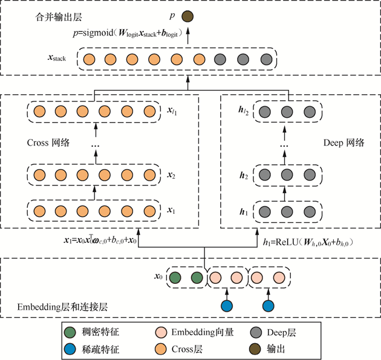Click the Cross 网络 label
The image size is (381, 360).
tap(49, 144)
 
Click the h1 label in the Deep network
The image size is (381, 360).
tap(243, 211)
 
